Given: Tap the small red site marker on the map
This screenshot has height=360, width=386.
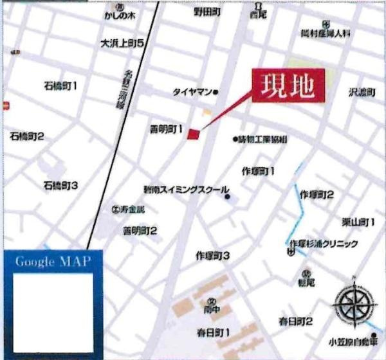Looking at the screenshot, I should [194, 134].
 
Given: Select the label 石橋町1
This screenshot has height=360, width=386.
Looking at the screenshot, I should [60, 85].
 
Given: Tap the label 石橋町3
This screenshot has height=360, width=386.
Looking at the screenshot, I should [60, 186].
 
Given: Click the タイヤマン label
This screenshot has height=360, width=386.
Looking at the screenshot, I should [192, 92].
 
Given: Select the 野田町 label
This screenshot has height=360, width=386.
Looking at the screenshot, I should [207, 12].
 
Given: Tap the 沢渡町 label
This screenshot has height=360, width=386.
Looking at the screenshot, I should [361, 93].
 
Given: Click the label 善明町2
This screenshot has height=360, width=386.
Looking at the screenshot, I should [140, 230].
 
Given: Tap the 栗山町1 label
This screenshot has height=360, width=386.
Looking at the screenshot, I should [358, 222].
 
